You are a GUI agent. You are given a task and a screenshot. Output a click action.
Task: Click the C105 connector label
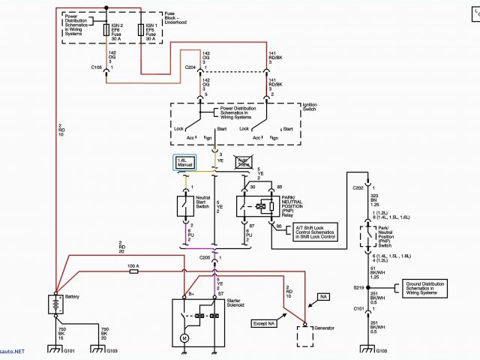(97, 67)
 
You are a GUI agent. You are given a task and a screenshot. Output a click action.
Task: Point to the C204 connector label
(190, 67)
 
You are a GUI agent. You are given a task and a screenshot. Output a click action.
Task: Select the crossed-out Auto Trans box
(244, 161)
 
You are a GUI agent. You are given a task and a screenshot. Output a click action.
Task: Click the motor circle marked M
(184, 338)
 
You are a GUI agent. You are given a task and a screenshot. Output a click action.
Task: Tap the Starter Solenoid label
(238, 304)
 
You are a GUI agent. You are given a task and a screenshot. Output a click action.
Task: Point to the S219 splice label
(358, 287)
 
